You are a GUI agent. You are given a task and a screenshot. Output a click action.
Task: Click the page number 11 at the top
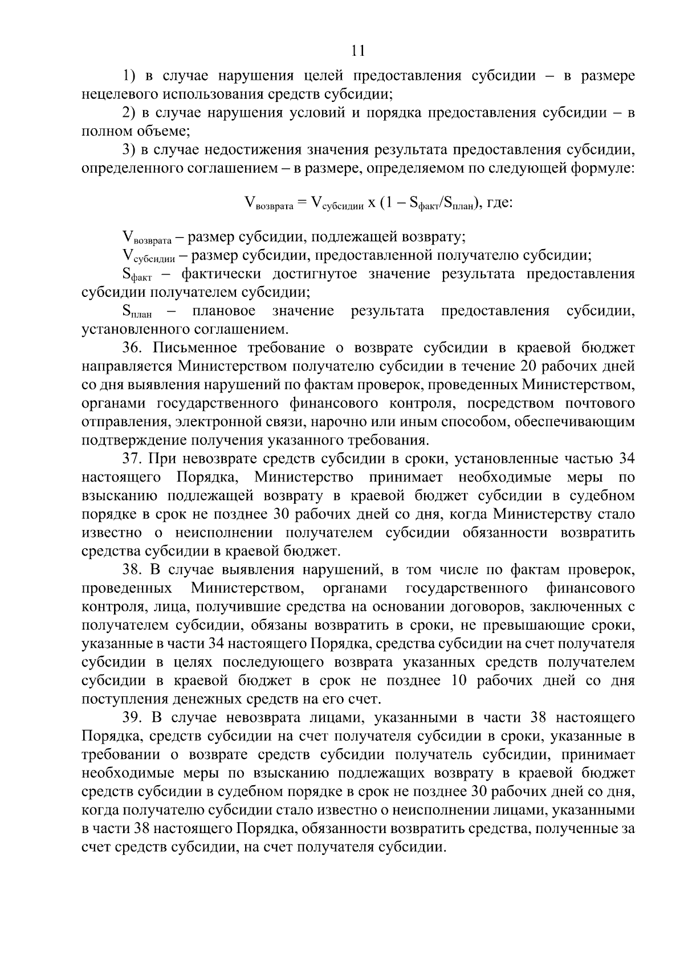click(x=358, y=51)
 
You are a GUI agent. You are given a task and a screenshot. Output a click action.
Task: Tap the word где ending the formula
click(x=500, y=202)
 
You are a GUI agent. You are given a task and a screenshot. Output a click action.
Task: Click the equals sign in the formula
click(x=302, y=202)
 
